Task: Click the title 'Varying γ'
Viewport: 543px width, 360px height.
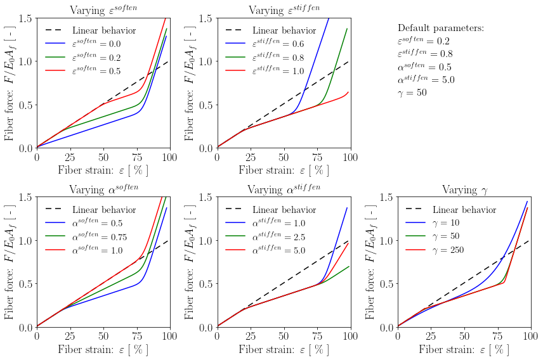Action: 464,190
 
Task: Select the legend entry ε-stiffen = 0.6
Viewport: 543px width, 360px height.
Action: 278,44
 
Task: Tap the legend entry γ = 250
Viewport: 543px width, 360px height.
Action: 448,250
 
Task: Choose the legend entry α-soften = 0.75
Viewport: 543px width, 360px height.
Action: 100,237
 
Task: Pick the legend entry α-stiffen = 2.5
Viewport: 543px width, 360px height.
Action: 278,237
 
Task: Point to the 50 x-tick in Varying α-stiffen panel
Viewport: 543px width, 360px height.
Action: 284,335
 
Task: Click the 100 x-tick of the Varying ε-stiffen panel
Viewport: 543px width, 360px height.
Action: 351,155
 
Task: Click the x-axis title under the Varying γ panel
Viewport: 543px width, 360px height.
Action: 464,349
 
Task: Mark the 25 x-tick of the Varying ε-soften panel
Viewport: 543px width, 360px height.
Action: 70,155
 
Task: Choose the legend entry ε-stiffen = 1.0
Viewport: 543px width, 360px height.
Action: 278,71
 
